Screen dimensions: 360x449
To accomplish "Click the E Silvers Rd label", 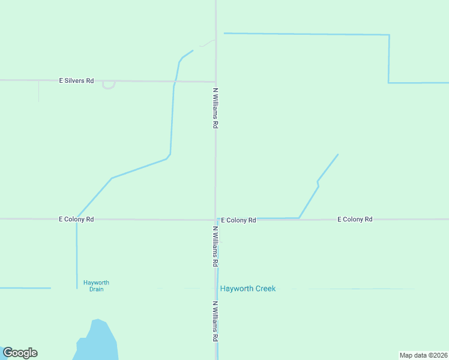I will click(x=76, y=80).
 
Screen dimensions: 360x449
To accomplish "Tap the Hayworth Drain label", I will click(x=96, y=286).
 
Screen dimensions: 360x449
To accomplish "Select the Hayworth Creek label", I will click(x=247, y=289).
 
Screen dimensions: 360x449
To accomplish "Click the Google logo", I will click(x=20, y=353).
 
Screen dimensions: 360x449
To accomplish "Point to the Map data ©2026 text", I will click(x=423, y=355).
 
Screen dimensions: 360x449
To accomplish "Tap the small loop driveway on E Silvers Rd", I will click(x=109, y=85).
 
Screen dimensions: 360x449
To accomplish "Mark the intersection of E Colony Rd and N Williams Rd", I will click(x=216, y=219).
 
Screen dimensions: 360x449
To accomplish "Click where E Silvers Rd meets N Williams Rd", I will click(x=216, y=81).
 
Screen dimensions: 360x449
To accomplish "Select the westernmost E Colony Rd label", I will click(x=76, y=220).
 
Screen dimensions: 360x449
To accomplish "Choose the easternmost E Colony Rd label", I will click(x=355, y=220).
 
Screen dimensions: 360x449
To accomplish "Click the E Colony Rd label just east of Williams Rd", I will click(x=238, y=220).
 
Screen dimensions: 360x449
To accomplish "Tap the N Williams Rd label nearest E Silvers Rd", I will click(x=215, y=109).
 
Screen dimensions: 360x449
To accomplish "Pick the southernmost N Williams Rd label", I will click(x=215, y=322).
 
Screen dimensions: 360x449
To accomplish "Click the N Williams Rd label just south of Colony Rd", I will click(x=215, y=247).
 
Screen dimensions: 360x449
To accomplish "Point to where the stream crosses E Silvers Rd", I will click(x=175, y=81).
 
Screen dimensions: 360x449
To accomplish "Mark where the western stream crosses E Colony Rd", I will click(x=76, y=219).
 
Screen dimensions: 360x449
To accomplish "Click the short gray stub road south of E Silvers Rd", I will click(x=39, y=91).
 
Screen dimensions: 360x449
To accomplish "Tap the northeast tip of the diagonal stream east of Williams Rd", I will click(x=338, y=155).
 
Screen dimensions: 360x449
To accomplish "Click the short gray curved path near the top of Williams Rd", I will click(x=207, y=43).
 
